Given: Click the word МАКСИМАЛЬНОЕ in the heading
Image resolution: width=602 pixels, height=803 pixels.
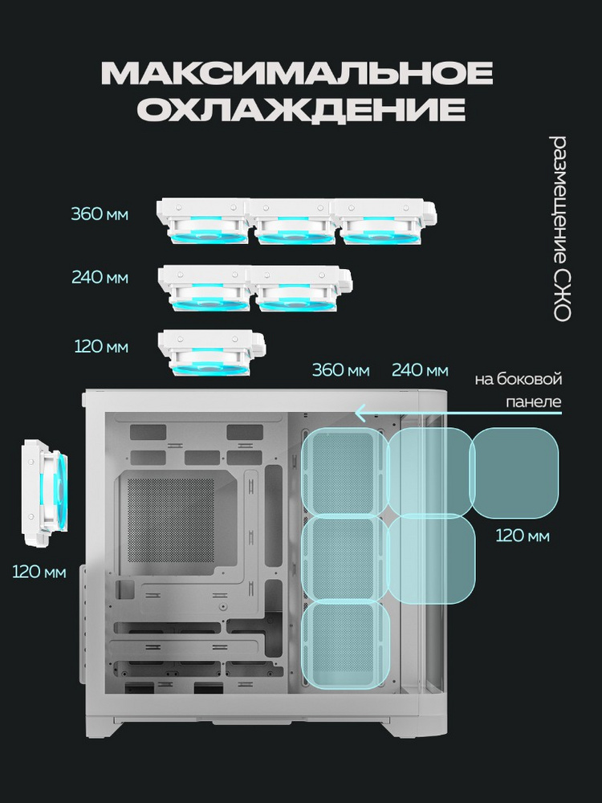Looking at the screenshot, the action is pyautogui.click(x=297, y=74).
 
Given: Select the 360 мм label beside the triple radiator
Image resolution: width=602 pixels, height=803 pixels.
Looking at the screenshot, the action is pyautogui.click(x=100, y=214).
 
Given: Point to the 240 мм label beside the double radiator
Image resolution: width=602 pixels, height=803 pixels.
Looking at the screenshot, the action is pyautogui.click(x=100, y=278).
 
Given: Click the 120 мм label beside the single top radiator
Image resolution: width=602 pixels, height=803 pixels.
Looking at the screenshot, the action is pyautogui.click(x=101, y=347).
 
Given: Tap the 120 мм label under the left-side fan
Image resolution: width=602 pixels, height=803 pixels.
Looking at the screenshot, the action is pyautogui.click(x=39, y=572).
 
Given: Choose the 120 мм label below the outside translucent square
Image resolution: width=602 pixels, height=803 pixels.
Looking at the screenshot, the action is pyautogui.click(x=523, y=536).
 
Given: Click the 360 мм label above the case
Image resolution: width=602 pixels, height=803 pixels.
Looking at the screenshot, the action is pyautogui.click(x=341, y=369).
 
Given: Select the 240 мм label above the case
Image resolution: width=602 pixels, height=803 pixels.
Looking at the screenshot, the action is pyautogui.click(x=420, y=369).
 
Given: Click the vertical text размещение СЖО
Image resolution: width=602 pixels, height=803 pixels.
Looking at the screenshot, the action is pyautogui.click(x=561, y=228).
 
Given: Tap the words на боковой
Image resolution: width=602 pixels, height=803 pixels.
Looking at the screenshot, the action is pyautogui.click(x=518, y=380).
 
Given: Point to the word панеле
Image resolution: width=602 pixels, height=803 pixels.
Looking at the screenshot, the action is pyautogui.click(x=534, y=401).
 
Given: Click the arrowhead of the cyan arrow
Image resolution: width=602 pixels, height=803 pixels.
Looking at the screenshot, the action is pyautogui.click(x=360, y=412).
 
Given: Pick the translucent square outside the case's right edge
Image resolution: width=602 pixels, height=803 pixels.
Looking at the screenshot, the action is pyautogui.click(x=514, y=473).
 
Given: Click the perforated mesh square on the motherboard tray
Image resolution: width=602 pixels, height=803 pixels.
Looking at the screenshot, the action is pyautogui.click(x=170, y=520).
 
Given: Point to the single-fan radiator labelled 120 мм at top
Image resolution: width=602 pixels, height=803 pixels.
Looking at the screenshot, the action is pyautogui.click(x=211, y=353).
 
